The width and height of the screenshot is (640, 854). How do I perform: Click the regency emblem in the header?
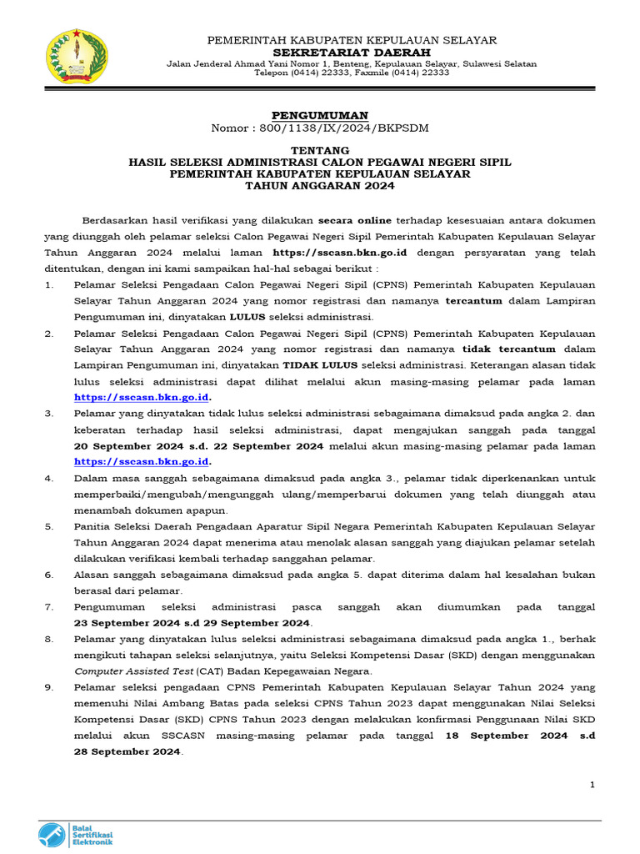[76, 56]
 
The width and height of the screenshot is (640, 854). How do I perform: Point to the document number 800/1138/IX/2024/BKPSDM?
[343, 127]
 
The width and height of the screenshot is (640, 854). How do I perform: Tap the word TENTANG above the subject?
[320, 150]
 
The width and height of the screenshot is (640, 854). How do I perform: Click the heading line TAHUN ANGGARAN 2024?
[320, 186]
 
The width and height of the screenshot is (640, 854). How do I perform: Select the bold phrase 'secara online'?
[351, 221]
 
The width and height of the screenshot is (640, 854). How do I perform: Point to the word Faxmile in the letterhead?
[362, 73]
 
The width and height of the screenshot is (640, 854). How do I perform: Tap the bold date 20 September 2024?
[125, 446]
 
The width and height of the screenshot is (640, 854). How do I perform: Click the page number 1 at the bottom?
[592, 785]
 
